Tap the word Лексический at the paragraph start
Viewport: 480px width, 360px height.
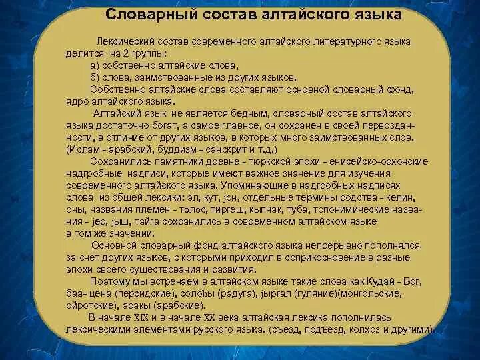[125, 41]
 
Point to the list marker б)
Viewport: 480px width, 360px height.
[94, 77]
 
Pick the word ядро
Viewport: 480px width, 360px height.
[77, 102]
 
